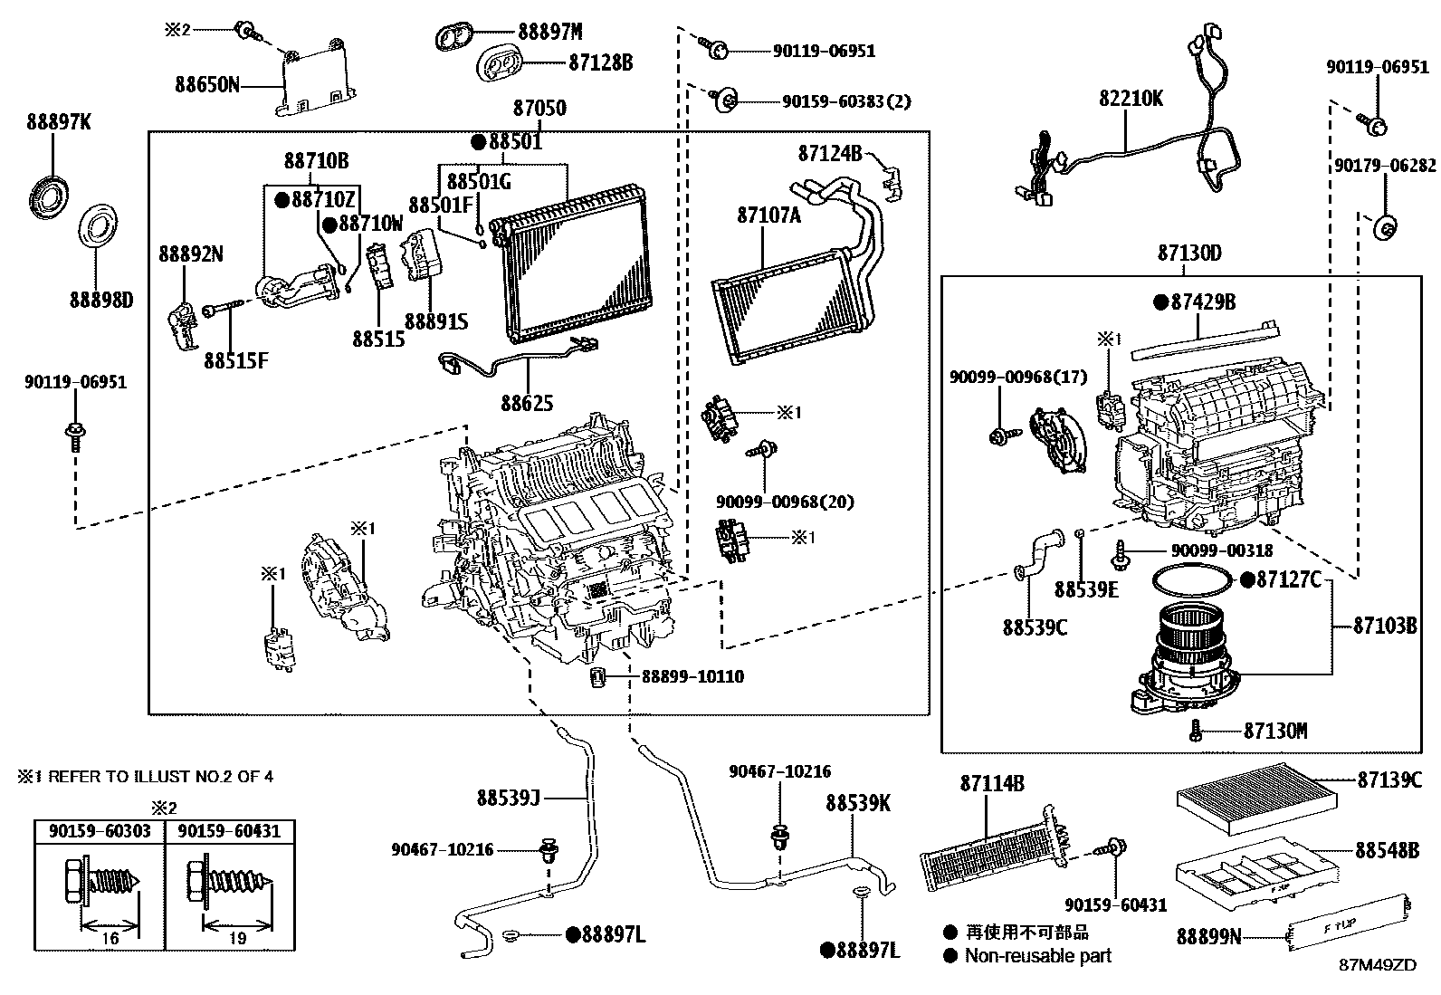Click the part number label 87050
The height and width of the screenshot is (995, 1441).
pyautogui.click(x=539, y=109)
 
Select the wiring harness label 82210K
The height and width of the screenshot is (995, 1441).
pyautogui.click(x=1131, y=99)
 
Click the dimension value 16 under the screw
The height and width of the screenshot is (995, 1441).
pyautogui.click(x=110, y=939)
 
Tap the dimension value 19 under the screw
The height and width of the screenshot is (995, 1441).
pyautogui.click(x=237, y=939)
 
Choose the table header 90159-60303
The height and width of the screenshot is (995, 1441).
pyautogui.click(x=99, y=830)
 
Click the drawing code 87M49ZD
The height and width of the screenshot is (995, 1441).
pyautogui.click(x=1378, y=965)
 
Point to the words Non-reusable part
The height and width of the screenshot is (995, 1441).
pyautogui.click(x=1037, y=956)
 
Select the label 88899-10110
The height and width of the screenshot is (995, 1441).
pyautogui.click(x=692, y=677)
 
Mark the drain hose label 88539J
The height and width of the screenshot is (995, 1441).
pyautogui.click(x=508, y=798)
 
